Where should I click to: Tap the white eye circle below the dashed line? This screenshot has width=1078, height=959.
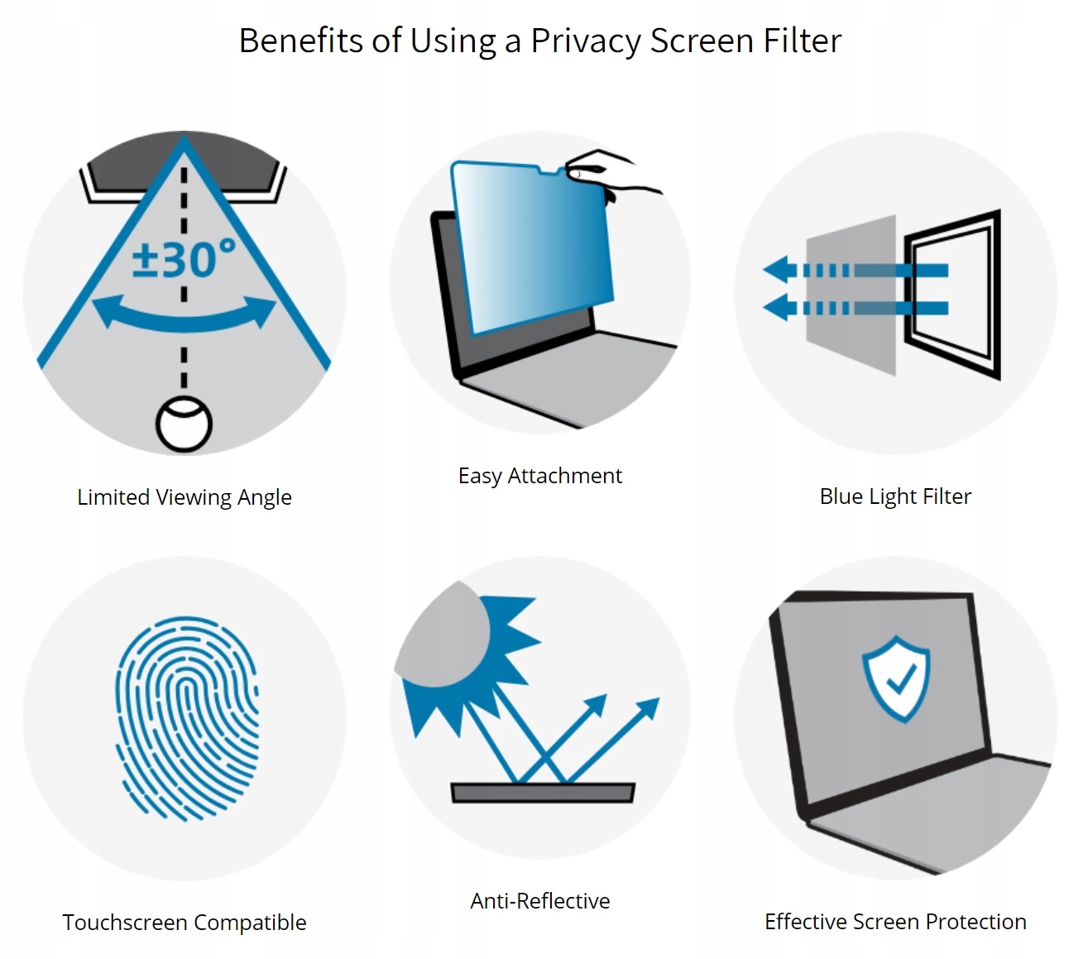(184, 425)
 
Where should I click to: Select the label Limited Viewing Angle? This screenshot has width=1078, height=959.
(184, 497)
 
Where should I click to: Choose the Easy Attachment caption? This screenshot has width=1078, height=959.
(539, 476)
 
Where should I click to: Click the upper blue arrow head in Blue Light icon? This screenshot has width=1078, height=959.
(778, 270)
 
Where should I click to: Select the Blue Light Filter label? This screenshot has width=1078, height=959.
(895, 496)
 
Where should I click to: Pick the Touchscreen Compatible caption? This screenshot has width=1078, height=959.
(184, 923)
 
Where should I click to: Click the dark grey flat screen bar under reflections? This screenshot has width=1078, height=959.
(543, 793)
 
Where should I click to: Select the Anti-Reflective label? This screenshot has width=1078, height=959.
(539, 901)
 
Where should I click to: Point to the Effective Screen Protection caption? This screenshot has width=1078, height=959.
(895, 922)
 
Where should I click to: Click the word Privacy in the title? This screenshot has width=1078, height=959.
(585, 41)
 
